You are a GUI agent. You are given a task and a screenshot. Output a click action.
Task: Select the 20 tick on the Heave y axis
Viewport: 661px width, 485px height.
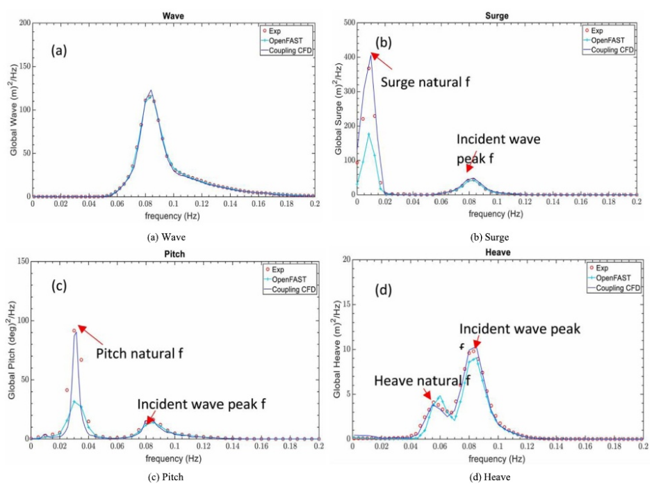click(x=345, y=260)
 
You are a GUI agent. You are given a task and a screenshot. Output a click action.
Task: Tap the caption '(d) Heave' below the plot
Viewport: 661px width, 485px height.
click(x=491, y=477)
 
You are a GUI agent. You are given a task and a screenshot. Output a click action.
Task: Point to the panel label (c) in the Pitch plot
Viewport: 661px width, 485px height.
click(x=63, y=287)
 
